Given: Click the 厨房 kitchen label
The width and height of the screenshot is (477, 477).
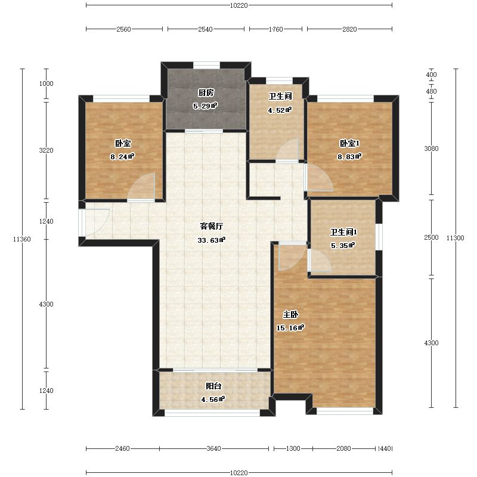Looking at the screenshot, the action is (206, 92).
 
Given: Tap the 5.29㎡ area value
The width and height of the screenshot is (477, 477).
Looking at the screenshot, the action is (205, 106).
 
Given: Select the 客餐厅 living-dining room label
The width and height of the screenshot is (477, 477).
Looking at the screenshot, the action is (212, 226).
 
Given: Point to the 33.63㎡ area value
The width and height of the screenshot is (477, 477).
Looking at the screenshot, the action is (212, 240).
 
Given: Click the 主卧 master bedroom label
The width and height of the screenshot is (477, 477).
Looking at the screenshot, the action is (290, 314).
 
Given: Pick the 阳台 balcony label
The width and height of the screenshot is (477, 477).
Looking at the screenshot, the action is (213, 386).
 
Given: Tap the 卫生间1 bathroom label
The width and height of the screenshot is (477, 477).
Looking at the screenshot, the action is (343, 232).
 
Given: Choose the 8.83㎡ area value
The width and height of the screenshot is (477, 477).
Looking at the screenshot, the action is (349, 157).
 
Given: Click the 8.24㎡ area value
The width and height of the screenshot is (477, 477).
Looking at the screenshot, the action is (122, 157).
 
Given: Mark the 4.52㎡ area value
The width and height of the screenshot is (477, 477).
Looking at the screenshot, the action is (280, 110).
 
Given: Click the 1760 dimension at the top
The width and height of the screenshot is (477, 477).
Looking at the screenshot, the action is (275, 29).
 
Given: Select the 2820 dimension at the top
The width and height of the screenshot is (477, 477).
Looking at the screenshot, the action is (349, 29).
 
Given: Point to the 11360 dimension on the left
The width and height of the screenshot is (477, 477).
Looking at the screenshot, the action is (22, 239).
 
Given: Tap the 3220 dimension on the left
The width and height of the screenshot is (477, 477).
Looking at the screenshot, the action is (47, 150).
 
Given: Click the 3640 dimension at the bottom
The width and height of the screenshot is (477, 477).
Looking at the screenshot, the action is (214, 448).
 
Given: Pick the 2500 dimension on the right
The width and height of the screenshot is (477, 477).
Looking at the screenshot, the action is (431, 237).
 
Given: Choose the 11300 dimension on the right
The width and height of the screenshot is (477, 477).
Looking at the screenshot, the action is (456, 238).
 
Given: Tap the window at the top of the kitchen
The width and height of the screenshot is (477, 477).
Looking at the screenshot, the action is (206, 65).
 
